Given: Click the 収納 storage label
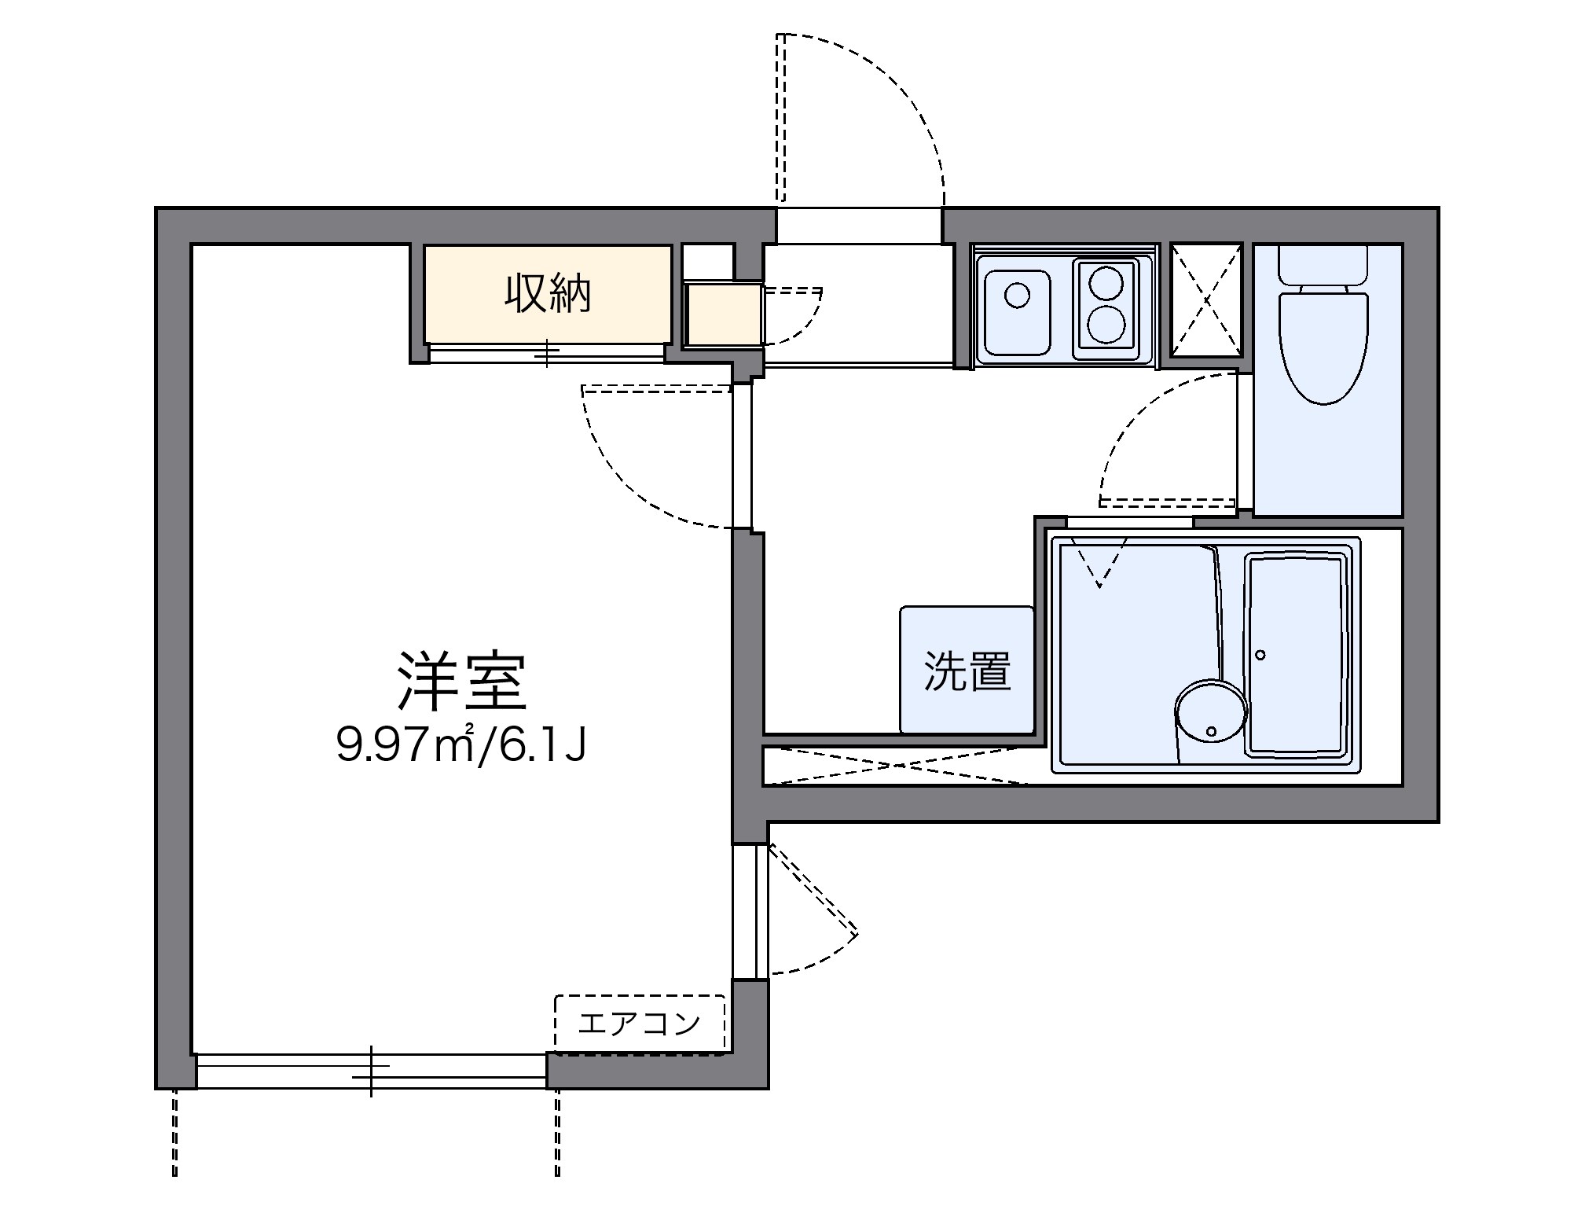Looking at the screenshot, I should [x=547, y=294].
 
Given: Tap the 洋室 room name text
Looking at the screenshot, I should [x=460, y=682].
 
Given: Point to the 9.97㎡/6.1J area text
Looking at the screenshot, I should [x=461, y=745].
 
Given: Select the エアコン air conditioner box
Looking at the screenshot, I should [x=640, y=1023].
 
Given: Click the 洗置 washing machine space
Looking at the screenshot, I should [x=967, y=671].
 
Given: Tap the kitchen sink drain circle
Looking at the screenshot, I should [x=1018, y=296].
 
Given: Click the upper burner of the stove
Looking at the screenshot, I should [x=1106, y=282].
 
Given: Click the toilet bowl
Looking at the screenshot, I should [x=1324, y=346].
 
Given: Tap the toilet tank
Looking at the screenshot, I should [x=1324, y=264].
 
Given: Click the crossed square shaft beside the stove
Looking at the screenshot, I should [x=1206, y=300].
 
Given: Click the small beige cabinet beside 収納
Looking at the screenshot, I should [x=723, y=314].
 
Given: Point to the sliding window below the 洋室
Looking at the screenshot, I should [x=371, y=1071].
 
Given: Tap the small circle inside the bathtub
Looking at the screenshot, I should [x=1260, y=655].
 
